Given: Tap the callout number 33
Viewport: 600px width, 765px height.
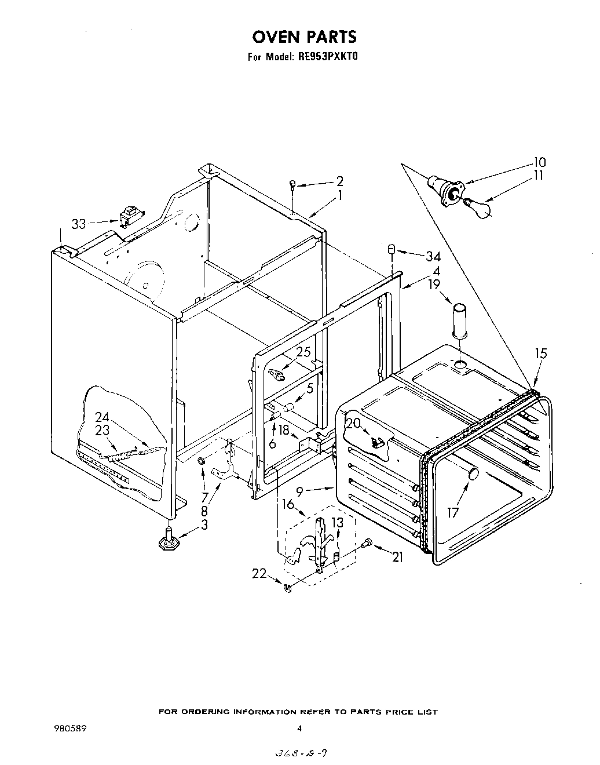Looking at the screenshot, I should tap(80, 224).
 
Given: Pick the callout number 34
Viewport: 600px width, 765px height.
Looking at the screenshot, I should tap(433, 256).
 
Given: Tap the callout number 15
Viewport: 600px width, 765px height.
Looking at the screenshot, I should tap(541, 353).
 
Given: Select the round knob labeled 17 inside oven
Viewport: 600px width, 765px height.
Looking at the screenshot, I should tap(473, 474).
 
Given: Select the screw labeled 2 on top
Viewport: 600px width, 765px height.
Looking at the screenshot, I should tap(294, 184).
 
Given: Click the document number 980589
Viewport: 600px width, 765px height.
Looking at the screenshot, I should tap(70, 728).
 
